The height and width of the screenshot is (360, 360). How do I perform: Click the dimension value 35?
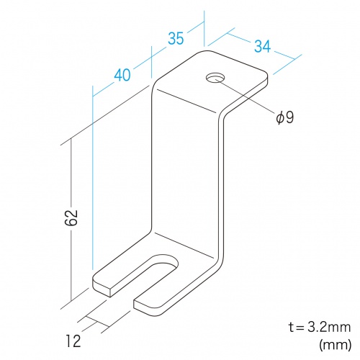click(x=176, y=38)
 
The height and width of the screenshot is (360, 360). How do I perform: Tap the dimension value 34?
click(x=262, y=46)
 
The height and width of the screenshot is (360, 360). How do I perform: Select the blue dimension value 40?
click(x=122, y=75)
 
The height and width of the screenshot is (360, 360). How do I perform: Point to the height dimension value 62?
click(x=71, y=217)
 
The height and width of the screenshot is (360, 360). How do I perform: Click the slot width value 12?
click(x=73, y=341)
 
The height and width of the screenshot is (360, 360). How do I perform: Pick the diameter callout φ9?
click(x=285, y=117)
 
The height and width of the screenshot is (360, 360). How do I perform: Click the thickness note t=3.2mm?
click(x=320, y=328)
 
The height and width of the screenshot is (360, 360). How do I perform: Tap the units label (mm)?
click(x=336, y=345)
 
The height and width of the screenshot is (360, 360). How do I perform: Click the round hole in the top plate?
click(x=215, y=78)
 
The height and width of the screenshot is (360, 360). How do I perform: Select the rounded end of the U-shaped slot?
click(x=166, y=261)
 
